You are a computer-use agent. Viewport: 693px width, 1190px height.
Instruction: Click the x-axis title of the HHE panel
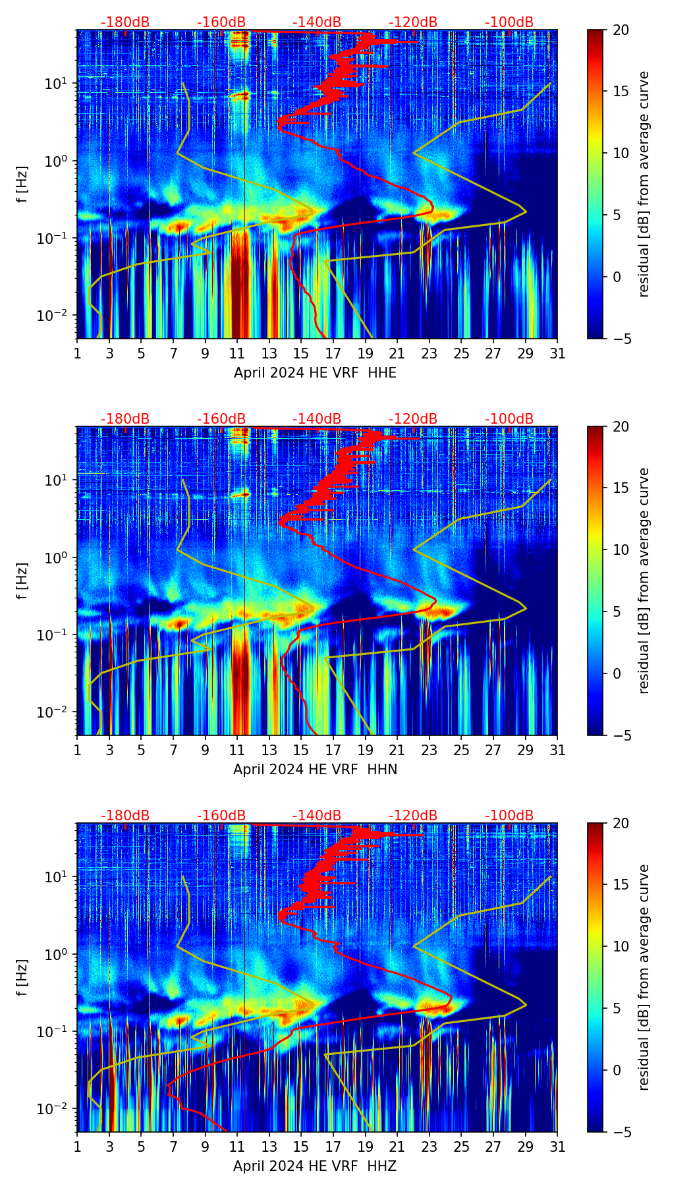(315, 373)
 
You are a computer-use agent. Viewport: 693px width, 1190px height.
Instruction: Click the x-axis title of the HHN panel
(315, 770)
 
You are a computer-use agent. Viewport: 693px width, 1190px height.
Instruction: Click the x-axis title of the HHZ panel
(315, 1166)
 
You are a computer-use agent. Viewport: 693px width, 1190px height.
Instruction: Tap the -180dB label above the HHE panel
(125, 22)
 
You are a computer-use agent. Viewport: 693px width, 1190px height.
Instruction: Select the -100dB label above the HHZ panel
(509, 816)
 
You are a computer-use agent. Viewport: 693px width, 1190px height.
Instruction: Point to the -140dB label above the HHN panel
(317, 419)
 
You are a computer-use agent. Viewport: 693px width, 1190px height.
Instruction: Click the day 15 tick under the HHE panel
(301, 354)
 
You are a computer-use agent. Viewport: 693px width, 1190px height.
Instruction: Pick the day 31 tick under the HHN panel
(557, 751)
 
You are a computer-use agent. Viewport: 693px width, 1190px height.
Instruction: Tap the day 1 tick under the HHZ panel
(78, 1147)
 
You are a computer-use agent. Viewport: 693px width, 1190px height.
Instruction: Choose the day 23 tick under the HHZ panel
(430, 1147)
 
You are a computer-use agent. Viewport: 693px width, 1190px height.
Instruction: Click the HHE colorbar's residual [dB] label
(644, 184)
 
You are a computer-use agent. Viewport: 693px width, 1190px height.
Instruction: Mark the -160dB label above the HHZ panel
(221, 816)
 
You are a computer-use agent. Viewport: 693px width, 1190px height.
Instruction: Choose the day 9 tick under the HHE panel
(205, 354)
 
